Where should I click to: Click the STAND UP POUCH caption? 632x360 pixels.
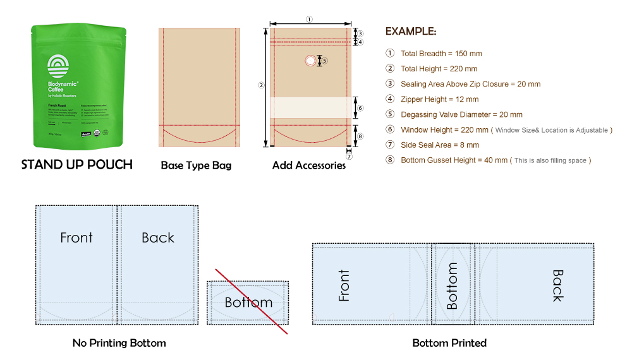(x=77, y=165)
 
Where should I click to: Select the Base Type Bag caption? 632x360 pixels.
(x=196, y=165)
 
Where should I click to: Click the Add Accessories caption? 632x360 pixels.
(x=309, y=165)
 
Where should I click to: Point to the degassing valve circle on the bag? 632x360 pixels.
(x=310, y=61)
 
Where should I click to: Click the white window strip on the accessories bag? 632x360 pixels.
(x=310, y=107)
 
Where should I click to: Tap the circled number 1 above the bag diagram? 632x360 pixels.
(x=309, y=19)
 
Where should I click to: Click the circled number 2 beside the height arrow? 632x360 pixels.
(x=261, y=85)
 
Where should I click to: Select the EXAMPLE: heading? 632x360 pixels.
(x=411, y=32)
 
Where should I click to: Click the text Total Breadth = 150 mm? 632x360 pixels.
(x=441, y=54)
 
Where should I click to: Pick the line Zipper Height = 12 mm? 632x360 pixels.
(x=439, y=99)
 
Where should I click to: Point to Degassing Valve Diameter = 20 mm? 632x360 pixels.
(x=461, y=114)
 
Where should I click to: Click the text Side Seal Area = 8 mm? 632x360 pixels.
(x=440, y=145)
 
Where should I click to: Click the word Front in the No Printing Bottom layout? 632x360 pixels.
(x=76, y=237)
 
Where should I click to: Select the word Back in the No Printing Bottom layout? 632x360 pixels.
(x=157, y=237)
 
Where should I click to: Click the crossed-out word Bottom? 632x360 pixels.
(x=248, y=303)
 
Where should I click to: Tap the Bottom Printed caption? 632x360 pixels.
(x=449, y=343)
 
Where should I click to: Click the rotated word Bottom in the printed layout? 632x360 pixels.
(x=452, y=286)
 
